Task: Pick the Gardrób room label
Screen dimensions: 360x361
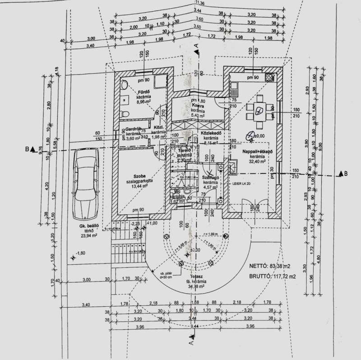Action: coord(134,128)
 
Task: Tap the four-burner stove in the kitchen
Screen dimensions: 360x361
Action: coord(270,77)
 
